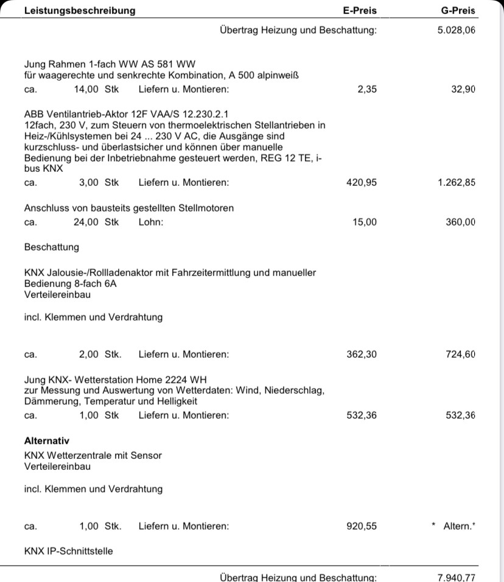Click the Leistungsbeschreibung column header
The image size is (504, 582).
(x=80, y=10)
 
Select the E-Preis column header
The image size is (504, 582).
(x=360, y=10)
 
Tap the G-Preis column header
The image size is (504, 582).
(x=458, y=10)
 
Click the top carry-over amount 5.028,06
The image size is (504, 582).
(x=456, y=30)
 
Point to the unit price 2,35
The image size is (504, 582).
(x=367, y=89)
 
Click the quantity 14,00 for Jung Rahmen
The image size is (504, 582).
(x=86, y=89)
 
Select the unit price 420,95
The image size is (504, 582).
(x=362, y=182)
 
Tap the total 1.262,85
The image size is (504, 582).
(x=456, y=182)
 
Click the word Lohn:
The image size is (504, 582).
(x=151, y=222)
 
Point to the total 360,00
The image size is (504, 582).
(x=460, y=222)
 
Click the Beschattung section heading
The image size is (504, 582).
(x=52, y=247)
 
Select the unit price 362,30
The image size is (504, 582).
(x=362, y=354)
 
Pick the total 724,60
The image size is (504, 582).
(x=460, y=354)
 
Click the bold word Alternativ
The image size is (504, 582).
(x=47, y=441)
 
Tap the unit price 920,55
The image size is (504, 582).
(x=362, y=526)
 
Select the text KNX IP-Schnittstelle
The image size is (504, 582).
(x=68, y=552)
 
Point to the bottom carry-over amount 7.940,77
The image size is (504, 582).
(x=456, y=577)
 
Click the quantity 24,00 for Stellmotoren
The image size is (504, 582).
(x=86, y=222)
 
